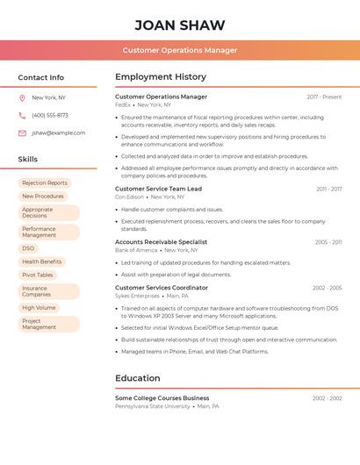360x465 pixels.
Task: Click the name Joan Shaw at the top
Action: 180,25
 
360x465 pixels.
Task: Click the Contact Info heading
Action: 41,77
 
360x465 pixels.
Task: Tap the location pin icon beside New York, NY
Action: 22,97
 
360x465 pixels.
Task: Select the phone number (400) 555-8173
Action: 50,115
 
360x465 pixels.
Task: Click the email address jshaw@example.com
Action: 59,132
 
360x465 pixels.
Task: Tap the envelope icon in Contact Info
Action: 22,132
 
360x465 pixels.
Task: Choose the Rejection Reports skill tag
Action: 45,182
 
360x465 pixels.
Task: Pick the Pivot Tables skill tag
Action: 38,275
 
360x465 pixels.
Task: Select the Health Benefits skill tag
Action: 42,261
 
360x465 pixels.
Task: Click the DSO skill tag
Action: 28,248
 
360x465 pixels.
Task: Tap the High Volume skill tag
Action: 39,307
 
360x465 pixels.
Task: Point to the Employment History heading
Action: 161,77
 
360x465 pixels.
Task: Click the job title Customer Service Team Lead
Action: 158,189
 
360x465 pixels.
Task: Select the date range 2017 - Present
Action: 324,97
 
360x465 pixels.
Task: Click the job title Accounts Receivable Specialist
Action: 161,241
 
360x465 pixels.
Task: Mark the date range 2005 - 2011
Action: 328,242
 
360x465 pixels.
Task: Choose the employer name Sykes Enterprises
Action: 138,297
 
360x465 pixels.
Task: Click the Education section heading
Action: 138,378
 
